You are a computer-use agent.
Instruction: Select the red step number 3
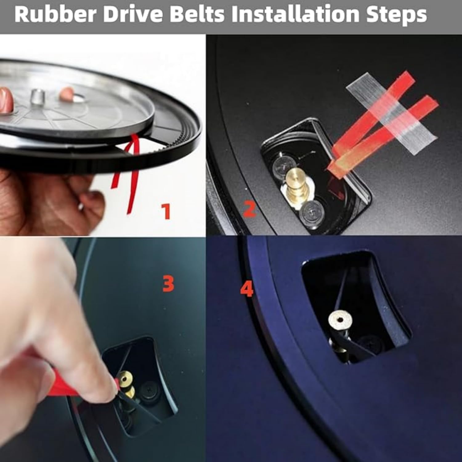(x=168, y=284)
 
